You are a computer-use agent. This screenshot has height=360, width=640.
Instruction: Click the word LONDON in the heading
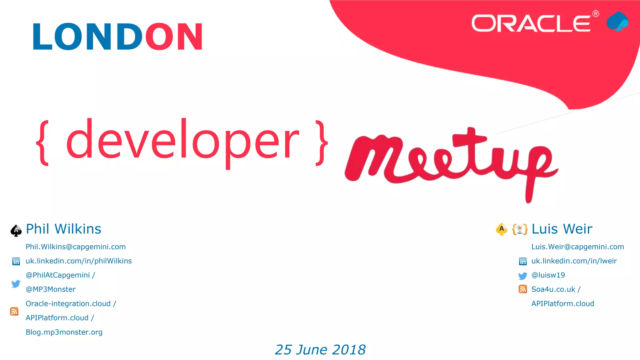117,37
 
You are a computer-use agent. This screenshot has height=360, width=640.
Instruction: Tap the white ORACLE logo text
531,23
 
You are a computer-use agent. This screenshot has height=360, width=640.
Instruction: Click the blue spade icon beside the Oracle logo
617,21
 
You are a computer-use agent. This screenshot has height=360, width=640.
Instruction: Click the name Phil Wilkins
63,229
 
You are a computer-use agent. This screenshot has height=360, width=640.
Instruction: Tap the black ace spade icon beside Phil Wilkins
16,231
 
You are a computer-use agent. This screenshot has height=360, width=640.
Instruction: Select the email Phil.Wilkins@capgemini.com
76,247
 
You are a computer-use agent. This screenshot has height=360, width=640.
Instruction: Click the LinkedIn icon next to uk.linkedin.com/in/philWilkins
16,261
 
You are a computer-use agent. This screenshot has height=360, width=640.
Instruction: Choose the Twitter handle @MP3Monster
51,289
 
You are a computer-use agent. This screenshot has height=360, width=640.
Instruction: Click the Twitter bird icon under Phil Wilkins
16,283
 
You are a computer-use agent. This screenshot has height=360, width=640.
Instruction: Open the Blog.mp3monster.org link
64,332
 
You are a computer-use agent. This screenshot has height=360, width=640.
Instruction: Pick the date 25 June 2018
320,350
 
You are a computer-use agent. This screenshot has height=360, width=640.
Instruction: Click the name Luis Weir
562,229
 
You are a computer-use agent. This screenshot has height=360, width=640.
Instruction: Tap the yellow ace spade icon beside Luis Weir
502,229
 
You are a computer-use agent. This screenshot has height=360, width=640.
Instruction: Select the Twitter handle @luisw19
548,275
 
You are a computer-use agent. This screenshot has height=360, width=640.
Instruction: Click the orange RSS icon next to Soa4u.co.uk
522,289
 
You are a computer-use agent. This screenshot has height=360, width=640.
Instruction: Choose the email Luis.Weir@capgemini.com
577,247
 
